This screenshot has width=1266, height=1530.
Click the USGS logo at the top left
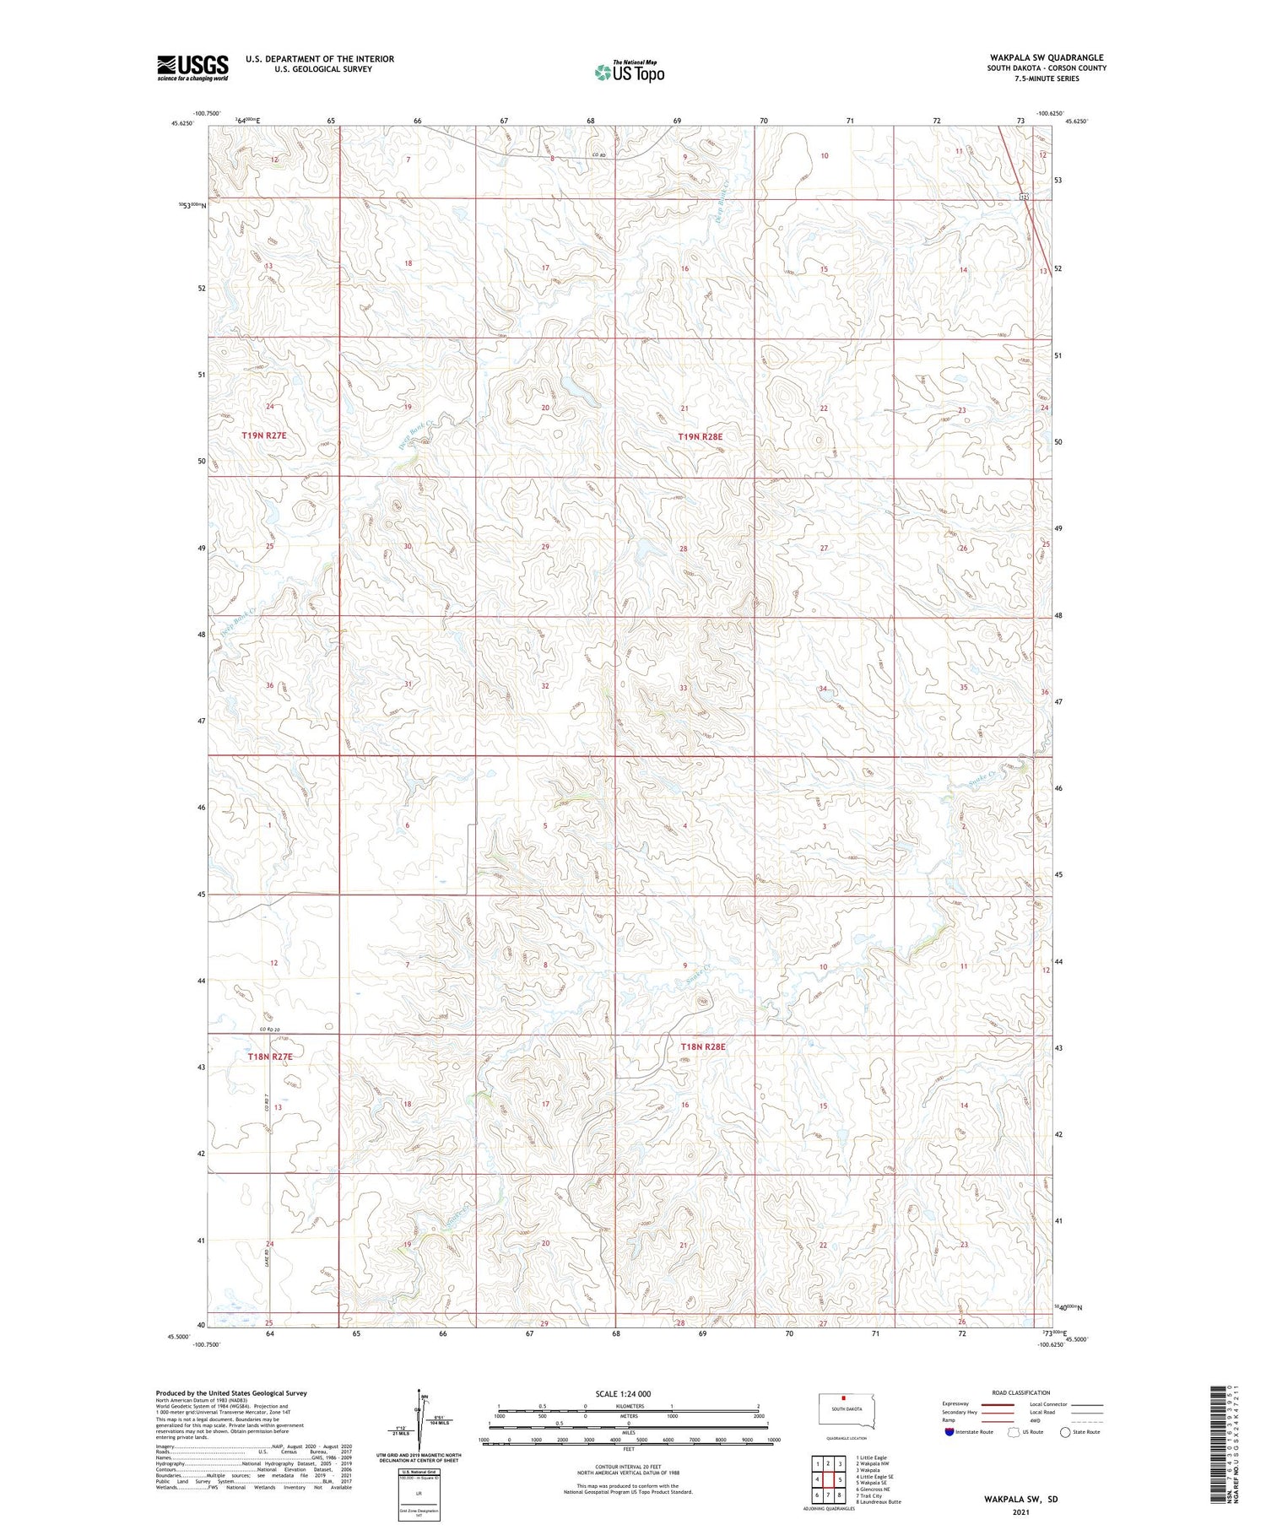pos(192,68)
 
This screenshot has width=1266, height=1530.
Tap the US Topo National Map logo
pos(629,73)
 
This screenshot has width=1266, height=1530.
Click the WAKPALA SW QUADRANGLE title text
pos(1047,57)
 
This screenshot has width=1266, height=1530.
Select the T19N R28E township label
pos(701,437)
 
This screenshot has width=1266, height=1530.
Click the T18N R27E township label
pos(270,1057)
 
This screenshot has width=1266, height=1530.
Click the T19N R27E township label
pos(264,435)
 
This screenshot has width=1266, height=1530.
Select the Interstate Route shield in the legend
pos(949,1431)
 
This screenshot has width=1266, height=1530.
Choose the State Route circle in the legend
pos(1065,1431)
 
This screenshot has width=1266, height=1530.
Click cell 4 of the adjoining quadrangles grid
pos(817,1479)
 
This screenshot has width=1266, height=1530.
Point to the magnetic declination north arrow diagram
pos(418,1426)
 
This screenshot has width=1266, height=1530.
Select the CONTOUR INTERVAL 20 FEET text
pos(628,1467)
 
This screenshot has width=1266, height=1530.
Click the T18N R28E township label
pos(703,1046)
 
